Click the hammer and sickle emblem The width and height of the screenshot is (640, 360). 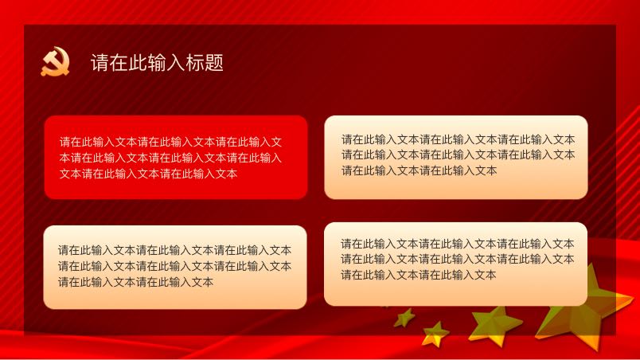(x=56, y=61)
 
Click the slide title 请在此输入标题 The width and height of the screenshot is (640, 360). (x=157, y=63)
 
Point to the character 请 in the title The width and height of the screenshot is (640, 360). (x=100, y=63)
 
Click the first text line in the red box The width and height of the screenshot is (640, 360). (x=170, y=142)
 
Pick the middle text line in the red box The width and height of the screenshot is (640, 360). (x=170, y=158)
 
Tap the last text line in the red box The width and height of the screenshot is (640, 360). (x=148, y=174)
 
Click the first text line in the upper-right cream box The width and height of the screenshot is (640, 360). (x=458, y=139)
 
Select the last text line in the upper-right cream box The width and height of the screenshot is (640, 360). (x=420, y=170)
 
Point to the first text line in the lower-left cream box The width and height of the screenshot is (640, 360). (x=174, y=250)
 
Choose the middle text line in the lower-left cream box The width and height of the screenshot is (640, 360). (x=174, y=266)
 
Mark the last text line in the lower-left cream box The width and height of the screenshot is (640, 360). (x=135, y=282)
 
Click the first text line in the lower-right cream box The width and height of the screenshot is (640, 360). (x=458, y=244)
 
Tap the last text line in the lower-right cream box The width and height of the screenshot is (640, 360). (x=419, y=275)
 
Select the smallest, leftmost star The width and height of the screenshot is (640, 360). (x=404, y=318)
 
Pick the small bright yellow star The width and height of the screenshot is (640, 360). (x=435, y=335)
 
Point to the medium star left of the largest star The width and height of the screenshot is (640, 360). (x=494, y=325)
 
